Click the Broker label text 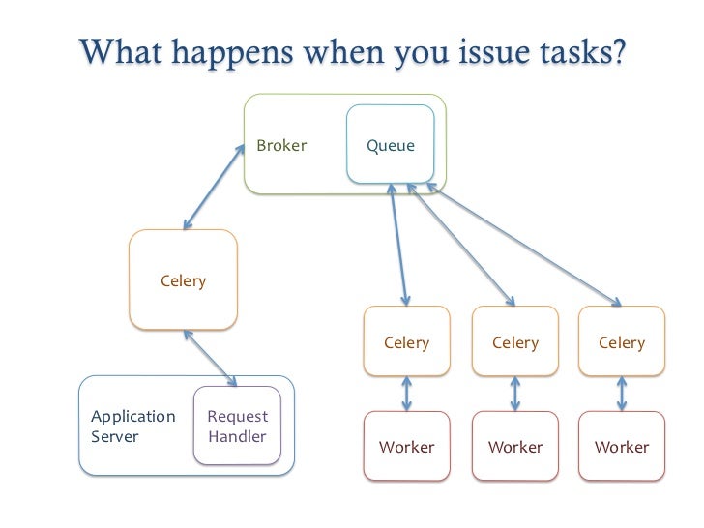click(281, 146)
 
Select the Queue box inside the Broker click(391, 145)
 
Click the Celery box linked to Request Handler click(183, 280)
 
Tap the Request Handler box click(237, 427)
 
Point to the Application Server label click(133, 426)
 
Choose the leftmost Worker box click(406, 446)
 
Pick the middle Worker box click(514, 446)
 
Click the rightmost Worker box click(621, 446)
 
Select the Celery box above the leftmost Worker click(406, 341)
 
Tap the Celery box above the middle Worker click(514, 341)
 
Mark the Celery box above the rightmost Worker click(621, 341)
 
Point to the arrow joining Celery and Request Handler click(210, 356)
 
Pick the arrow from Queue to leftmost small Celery click(398, 246)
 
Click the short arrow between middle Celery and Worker click(514, 394)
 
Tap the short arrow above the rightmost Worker click(621, 394)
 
